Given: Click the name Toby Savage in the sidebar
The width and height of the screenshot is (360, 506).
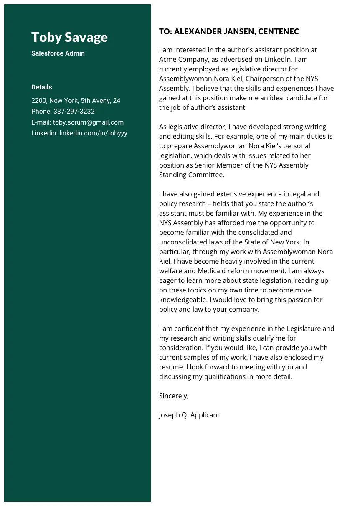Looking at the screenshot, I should [x=69, y=37].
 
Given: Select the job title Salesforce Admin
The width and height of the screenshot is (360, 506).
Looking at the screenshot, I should [x=58, y=53].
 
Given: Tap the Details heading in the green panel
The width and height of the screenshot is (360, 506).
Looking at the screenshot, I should [x=42, y=87].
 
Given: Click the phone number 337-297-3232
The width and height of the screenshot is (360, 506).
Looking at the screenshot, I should [x=74, y=112].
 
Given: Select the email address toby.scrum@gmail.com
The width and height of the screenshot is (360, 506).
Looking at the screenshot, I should [x=88, y=122].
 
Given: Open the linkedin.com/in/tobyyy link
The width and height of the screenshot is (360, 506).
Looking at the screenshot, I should [x=93, y=133].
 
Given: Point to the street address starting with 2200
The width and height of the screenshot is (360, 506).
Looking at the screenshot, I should [x=76, y=101].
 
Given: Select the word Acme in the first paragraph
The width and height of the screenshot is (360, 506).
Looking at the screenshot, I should [x=168, y=59].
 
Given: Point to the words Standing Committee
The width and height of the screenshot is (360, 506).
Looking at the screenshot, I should [x=191, y=175].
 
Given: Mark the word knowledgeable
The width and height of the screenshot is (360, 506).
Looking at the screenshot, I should [x=183, y=300].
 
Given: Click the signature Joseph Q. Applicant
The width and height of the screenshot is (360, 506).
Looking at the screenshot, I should [x=189, y=415].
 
